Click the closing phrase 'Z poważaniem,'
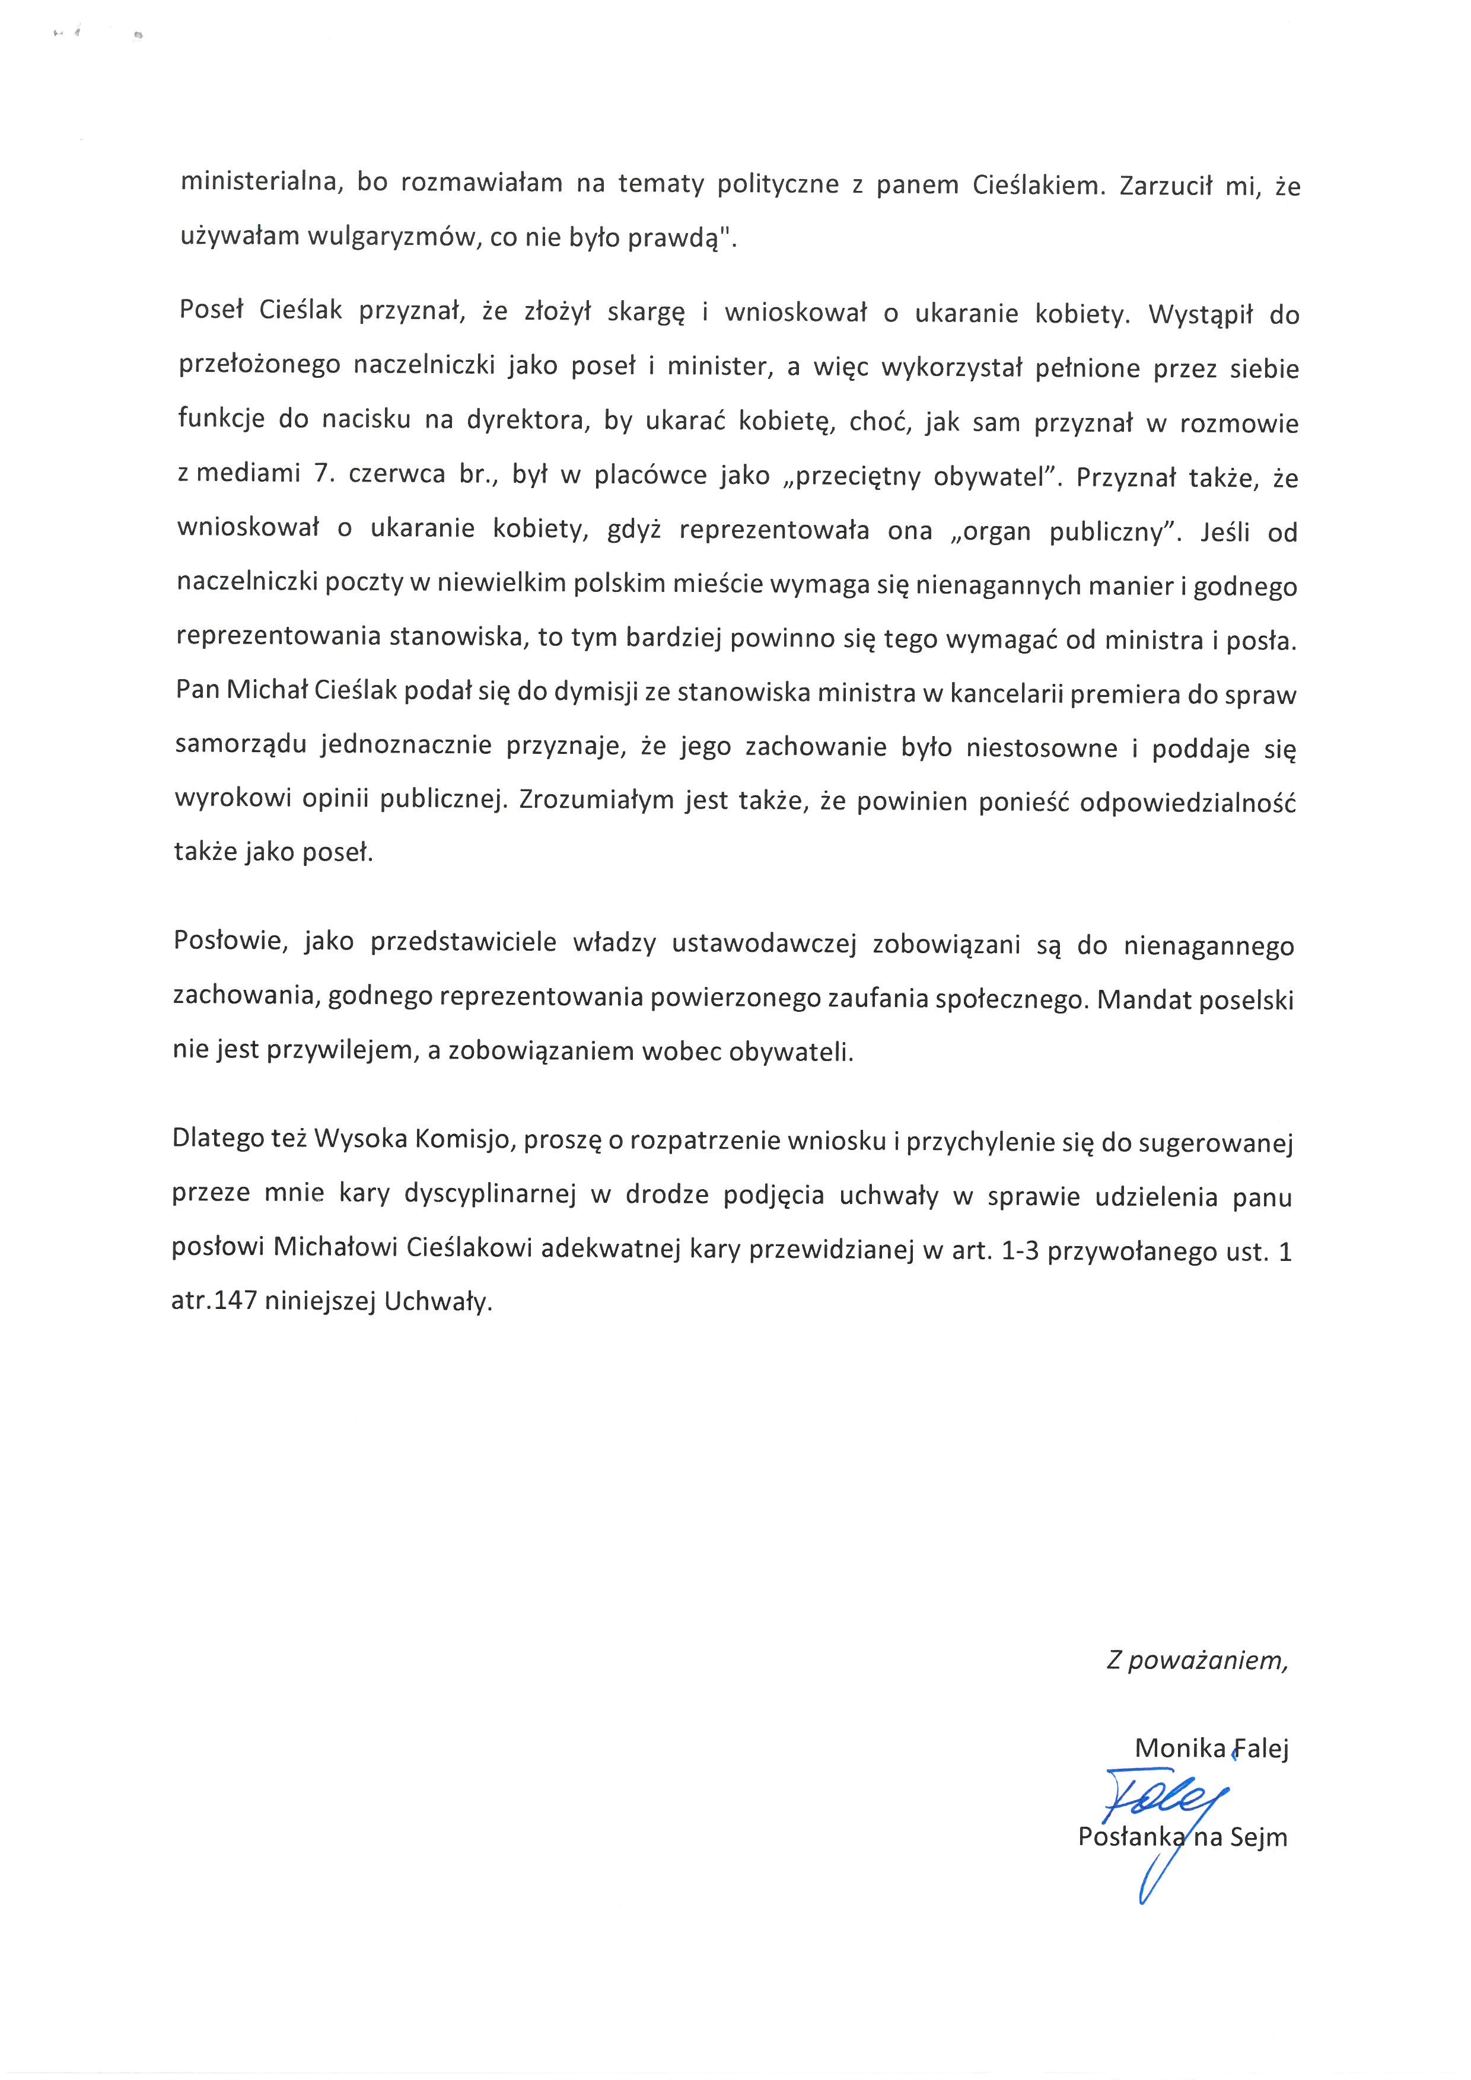1196,1659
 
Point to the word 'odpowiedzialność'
1187,802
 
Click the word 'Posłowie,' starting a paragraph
230,941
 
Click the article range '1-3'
1019,1251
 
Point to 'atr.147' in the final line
214,1302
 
